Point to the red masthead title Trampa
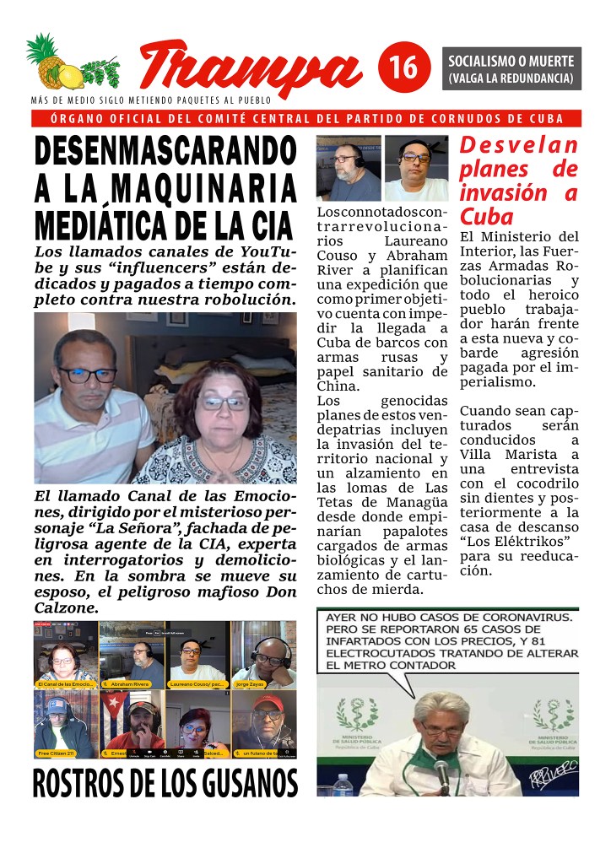pos(249,67)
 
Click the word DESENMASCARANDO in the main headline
pos(165,153)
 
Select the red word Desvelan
pos(519,145)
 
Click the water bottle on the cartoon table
pos(343,785)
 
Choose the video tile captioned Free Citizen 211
pos(65,724)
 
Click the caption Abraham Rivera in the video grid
pos(128,683)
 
